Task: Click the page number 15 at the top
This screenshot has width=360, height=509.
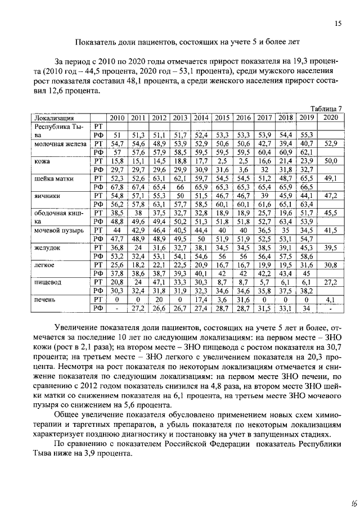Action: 338,24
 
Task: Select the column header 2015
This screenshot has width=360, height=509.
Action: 222,118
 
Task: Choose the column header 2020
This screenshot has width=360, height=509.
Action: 331,118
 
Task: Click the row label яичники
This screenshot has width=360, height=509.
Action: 47,196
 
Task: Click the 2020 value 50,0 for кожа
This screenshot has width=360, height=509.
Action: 331,161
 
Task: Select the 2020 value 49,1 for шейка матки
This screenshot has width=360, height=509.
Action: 331,178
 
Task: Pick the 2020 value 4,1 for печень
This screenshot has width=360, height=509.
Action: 331,300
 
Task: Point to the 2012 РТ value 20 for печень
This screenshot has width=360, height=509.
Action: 159,300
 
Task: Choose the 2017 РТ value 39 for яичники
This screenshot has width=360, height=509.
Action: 264,195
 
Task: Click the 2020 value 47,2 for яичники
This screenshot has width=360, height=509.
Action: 331,195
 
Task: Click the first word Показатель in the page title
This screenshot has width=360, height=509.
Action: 96,42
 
